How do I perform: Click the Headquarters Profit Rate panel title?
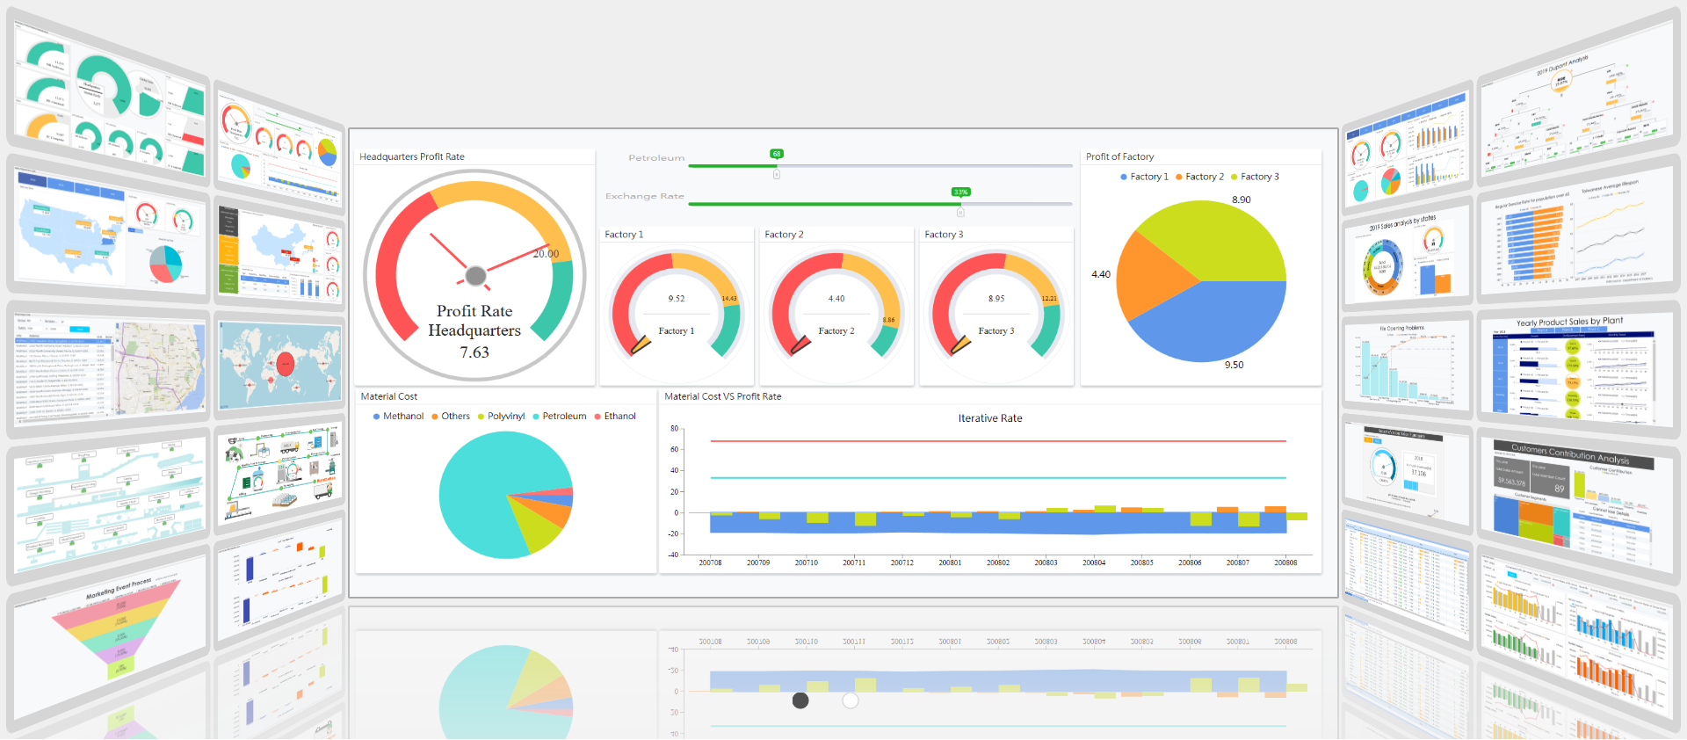(x=411, y=156)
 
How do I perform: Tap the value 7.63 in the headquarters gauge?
(x=474, y=352)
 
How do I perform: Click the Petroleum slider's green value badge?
(x=776, y=154)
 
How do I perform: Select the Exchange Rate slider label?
(x=644, y=196)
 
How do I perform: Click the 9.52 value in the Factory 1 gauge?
(x=676, y=299)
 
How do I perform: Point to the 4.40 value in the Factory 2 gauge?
(x=836, y=299)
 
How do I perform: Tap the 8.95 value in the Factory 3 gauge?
(x=996, y=299)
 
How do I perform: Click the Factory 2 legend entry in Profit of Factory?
(x=1199, y=177)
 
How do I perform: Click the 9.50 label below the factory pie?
(x=1234, y=365)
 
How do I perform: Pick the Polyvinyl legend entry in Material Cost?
(x=501, y=417)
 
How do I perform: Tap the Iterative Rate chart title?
(x=989, y=418)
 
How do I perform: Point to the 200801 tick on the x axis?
(x=949, y=562)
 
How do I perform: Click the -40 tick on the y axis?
(x=673, y=555)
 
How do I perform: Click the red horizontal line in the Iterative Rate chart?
(x=997, y=441)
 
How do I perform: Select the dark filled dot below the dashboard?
(x=800, y=700)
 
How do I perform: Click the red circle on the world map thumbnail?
(x=285, y=364)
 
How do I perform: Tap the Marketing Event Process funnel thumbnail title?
(x=119, y=588)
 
